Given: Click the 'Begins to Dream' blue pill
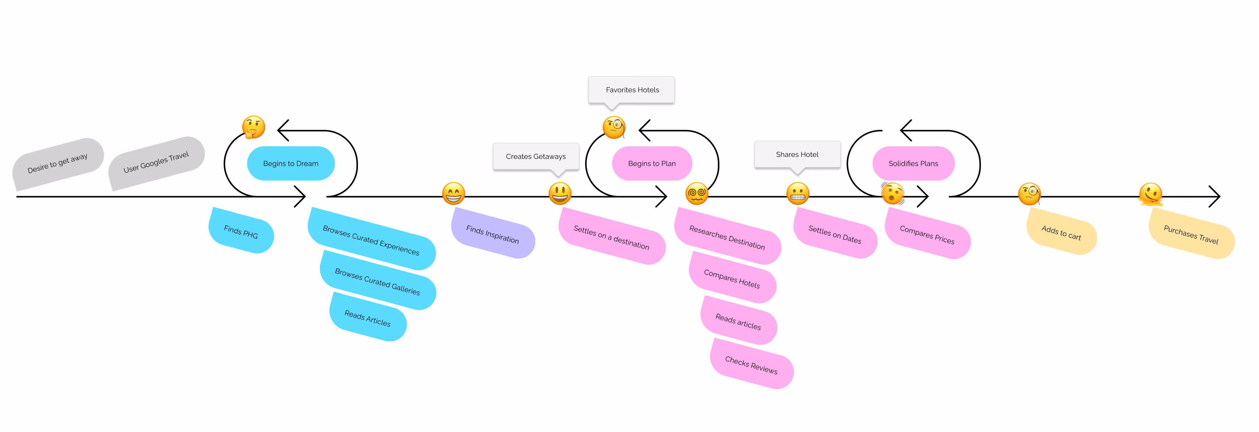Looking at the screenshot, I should tap(290, 163).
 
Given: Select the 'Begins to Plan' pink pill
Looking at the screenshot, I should tap(652, 163).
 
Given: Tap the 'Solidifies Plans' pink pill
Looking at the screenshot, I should tap(913, 163).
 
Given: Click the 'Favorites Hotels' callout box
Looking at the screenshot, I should tap(631, 90).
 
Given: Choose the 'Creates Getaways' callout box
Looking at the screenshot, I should tap(536, 156).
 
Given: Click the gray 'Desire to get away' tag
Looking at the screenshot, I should tap(58, 163).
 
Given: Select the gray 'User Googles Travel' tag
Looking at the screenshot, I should tap(156, 162).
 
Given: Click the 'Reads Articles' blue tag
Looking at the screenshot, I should tap(368, 318).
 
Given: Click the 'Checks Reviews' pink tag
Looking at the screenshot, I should tap(751, 364).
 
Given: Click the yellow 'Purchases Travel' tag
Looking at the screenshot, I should tap(1191, 234).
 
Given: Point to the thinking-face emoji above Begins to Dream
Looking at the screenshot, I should tap(254, 128).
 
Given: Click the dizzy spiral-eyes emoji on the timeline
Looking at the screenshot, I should tap(696, 194).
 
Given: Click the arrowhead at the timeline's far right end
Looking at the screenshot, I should tap(1216, 196).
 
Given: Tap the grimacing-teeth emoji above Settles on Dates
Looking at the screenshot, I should tap(797, 194).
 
